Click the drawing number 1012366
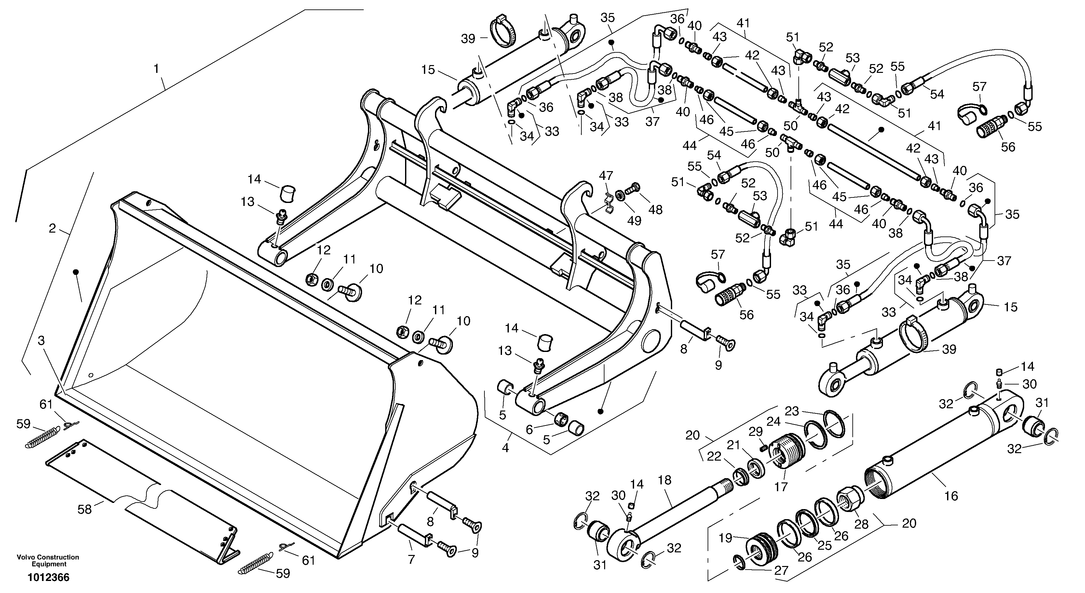coord(48,577)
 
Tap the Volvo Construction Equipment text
coord(48,560)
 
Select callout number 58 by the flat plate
coord(84,510)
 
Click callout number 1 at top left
coord(156,69)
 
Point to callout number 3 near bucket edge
coord(41,341)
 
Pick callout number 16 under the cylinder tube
coord(951,496)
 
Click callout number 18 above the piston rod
coord(665,480)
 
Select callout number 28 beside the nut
coord(861,524)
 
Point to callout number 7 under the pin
coord(411,560)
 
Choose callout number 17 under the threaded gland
coord(781,487)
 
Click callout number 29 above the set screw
coord(756,432)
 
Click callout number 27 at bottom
coord(781,571)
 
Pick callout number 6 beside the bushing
coord(529,430)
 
